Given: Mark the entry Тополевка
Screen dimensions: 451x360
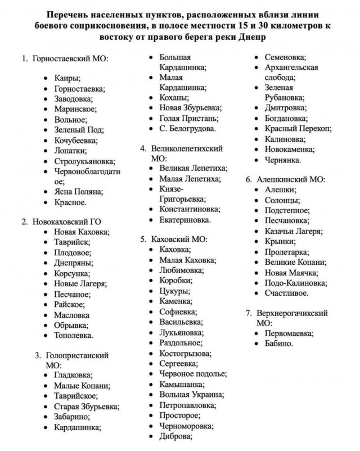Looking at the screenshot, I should coord(74,335).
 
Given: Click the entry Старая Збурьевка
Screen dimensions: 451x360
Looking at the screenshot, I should coord(86,406).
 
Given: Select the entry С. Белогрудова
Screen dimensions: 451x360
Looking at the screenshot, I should coord(187,129).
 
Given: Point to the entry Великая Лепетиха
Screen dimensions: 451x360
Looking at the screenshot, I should coord(193,168).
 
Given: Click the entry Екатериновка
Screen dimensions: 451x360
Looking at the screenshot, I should coord(185,219).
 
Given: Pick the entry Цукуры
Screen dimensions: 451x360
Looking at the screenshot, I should coord(175,291).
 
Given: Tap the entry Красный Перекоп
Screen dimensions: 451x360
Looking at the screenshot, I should coord(298,129).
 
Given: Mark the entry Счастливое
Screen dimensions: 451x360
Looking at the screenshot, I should coord(287,293).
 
